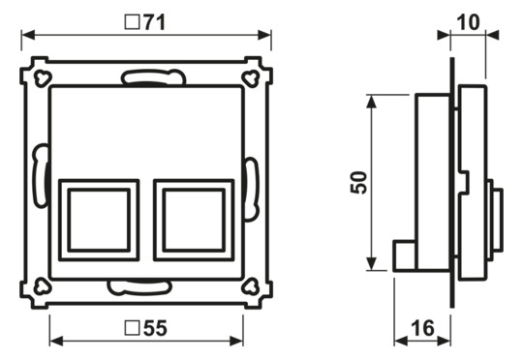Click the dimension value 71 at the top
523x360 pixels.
point(156,20)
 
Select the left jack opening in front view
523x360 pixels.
point(97,220)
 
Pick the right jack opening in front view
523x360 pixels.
point(194,220)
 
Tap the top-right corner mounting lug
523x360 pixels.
point(253,74)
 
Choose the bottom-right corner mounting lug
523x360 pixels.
point(253,286)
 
